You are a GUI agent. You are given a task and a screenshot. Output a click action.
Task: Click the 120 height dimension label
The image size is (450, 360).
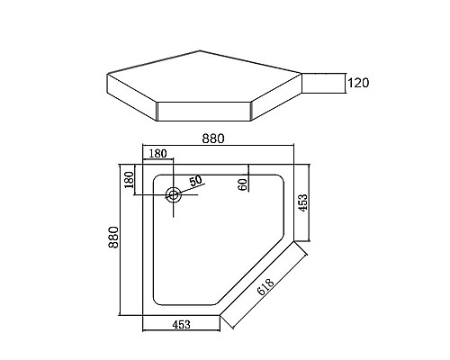pyautogui.click(x=358, y=84)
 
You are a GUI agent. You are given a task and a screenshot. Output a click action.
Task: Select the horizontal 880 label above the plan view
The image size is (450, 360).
pyautogui.click(x=213, y=138)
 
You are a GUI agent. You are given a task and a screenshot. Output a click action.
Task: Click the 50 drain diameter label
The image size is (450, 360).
pyautogui.click(x=193, y=182)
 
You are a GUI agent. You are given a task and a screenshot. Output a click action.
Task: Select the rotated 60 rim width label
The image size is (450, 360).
pyautogui.click(x=243, y=184)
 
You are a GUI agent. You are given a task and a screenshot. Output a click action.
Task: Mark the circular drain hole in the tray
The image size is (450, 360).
pyautogui.click(x=173, y=193)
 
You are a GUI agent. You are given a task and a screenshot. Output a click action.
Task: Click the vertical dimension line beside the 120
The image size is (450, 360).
pyautogui.click(x=346, y=84)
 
